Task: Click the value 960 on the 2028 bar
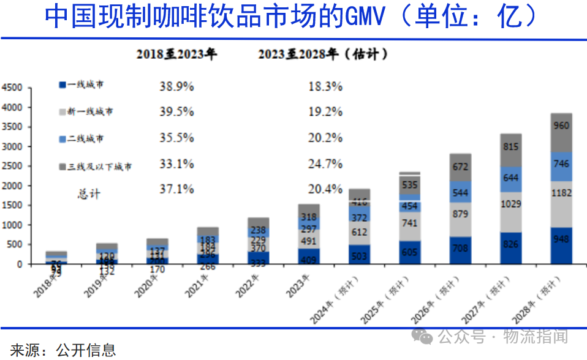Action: click(561, 126)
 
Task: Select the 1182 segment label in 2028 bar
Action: click(561, 193)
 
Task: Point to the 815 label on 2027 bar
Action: click(510, 147)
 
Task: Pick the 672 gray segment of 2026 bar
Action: click(461, 167)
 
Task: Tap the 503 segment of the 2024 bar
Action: click(360, 255)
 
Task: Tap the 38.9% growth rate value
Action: click(176, 87)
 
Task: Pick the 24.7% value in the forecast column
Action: click(325, 164)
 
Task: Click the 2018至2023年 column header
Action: click(176, 54)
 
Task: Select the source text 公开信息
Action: click(86, 350)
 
